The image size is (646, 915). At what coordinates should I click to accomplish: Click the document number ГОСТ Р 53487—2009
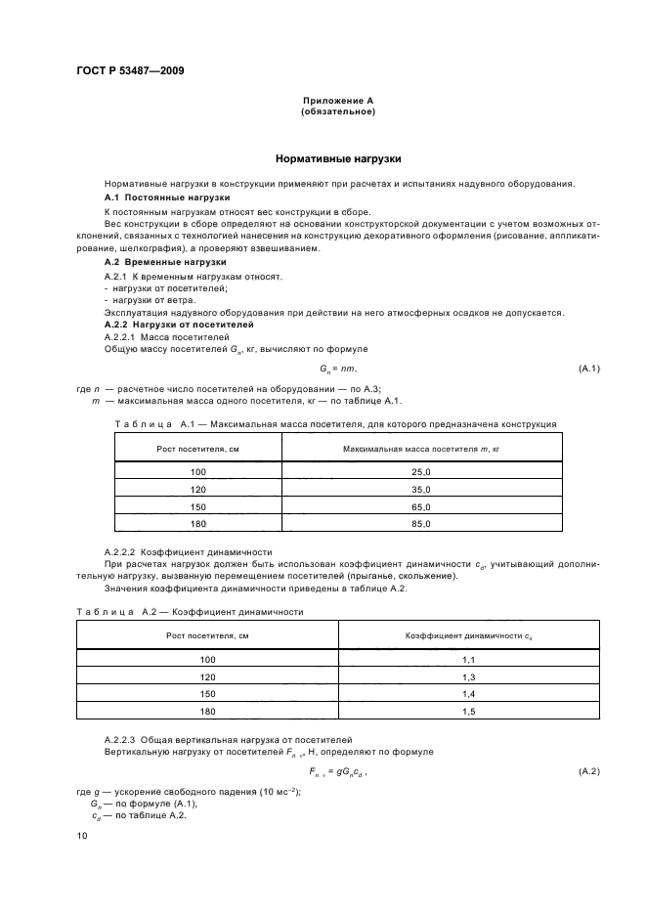(129, 70)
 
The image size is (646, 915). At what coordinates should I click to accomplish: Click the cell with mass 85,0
(421, 525)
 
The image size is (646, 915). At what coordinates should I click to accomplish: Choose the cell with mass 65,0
(421, 507)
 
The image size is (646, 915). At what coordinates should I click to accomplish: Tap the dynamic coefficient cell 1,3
(468, 676)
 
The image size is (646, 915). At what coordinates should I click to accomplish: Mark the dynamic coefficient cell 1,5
(468, 712)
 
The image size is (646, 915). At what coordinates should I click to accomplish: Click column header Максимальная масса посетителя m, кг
(421, 448)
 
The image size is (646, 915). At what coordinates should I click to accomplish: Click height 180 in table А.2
(206, 712)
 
